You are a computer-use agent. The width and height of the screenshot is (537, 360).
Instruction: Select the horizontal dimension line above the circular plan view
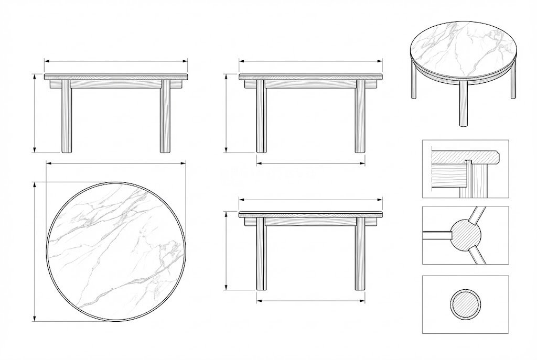(115, 163)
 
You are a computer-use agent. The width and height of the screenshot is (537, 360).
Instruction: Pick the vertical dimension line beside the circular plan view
(35, 251)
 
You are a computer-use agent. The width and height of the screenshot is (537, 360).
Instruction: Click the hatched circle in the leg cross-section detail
(465, 304)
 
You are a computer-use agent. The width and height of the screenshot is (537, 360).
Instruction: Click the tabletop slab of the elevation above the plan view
(115, 77)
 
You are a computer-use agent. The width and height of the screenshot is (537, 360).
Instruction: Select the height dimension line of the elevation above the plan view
(35, 113)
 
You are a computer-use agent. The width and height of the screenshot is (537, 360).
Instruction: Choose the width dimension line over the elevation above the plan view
(115, 62)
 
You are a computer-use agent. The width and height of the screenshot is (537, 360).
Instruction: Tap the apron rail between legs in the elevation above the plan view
(115, 84)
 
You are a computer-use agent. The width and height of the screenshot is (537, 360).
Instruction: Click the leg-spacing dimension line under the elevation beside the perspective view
(310, 163)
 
